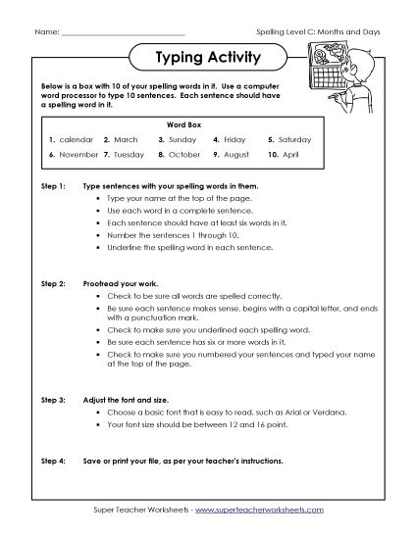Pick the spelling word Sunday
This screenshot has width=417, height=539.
click(182, 139)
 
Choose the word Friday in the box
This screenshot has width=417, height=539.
click(235, 139)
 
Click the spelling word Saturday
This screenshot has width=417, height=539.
click(296, 139)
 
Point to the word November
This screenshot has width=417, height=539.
click(79, 154)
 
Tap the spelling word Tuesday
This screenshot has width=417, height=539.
click(130, 154)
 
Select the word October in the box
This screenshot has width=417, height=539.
click(183, 154)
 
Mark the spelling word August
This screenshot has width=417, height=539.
click(236, 154)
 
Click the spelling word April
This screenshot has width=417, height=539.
click(292, 154)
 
